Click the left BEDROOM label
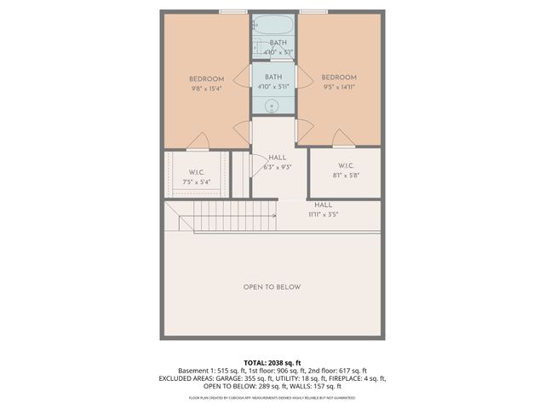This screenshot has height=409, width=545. tap(206, 79)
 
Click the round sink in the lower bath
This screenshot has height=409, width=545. tap(272, 107)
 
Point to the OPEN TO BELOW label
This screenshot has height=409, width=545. tap(272, 287)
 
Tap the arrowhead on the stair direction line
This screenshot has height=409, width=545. tap(274, 216)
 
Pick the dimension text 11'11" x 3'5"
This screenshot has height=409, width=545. tap(324, 214)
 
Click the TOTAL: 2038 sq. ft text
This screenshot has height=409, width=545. tap(272, 362)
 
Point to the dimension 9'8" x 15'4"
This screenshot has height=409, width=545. tap(206, 89)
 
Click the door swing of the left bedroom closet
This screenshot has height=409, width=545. tap(197, 141)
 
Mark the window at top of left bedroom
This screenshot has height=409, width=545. tap(232, 11)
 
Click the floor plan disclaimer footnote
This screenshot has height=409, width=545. tap(272, 398)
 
